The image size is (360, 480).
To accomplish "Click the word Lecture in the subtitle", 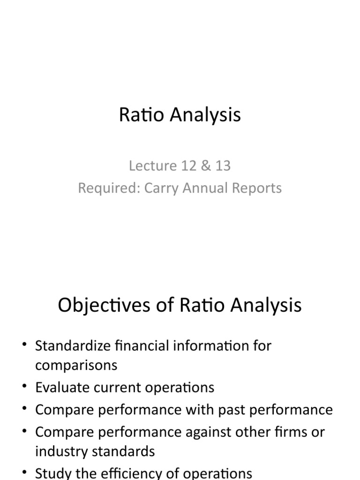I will coord(146,165).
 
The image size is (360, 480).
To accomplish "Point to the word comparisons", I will coord(76,365).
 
